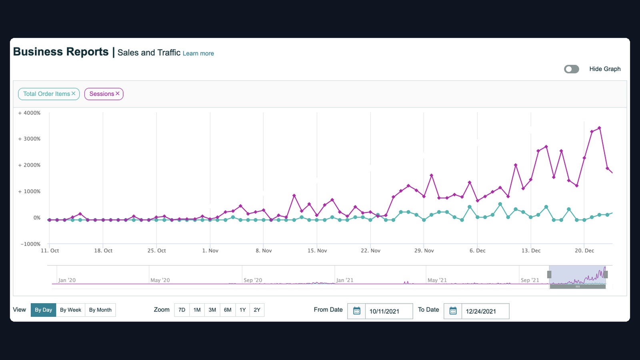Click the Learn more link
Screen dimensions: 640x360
click(x=198, y=54)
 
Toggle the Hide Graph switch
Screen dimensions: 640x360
click(x=572, y=69)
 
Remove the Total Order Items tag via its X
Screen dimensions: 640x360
click(x=74, y=94)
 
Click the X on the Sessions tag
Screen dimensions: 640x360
click(x=118, y=94)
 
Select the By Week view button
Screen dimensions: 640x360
click(x=70, y=310)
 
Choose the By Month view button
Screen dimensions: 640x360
click(x=100, y=310)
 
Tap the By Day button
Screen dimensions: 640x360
click(x=44, y=310)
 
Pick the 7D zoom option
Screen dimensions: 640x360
click(x=182, y=310)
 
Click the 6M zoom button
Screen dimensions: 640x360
click(x=228, y=310)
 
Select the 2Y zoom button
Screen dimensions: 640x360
click(x=257, y=310)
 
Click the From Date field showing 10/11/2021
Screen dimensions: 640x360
click(x=389, y=311)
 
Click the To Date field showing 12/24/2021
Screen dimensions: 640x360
click(x=486, y=311)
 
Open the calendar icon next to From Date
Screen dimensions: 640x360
click(x=356, y=311)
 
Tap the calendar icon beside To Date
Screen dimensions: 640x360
click(x=453, y=311)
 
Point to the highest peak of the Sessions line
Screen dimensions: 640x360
click(x=600, y=128)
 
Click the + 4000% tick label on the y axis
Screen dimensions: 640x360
click(x=30, y=113)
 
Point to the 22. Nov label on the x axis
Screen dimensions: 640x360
click(x=370, y=250)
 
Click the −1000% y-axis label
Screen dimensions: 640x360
click(x=30, y=244)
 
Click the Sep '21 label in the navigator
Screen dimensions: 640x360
click(x=530, y=280)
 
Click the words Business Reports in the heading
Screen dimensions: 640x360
click(x=61, y=52)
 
